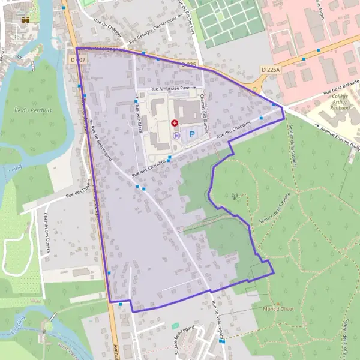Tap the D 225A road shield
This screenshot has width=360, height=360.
271,70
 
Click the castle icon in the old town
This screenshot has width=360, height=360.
25,20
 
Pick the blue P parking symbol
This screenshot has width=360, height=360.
192,135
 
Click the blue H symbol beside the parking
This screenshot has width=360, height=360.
176,136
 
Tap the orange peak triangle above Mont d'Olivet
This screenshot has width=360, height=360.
279,302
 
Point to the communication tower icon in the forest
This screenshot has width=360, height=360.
235,196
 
